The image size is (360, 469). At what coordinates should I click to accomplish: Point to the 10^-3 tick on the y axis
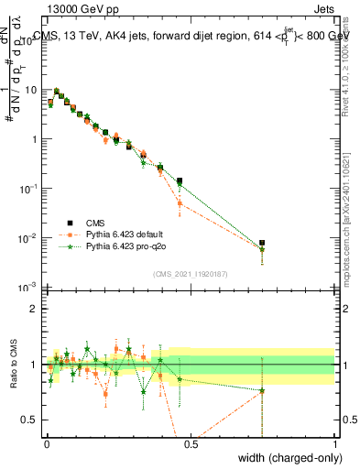(29, 288)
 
